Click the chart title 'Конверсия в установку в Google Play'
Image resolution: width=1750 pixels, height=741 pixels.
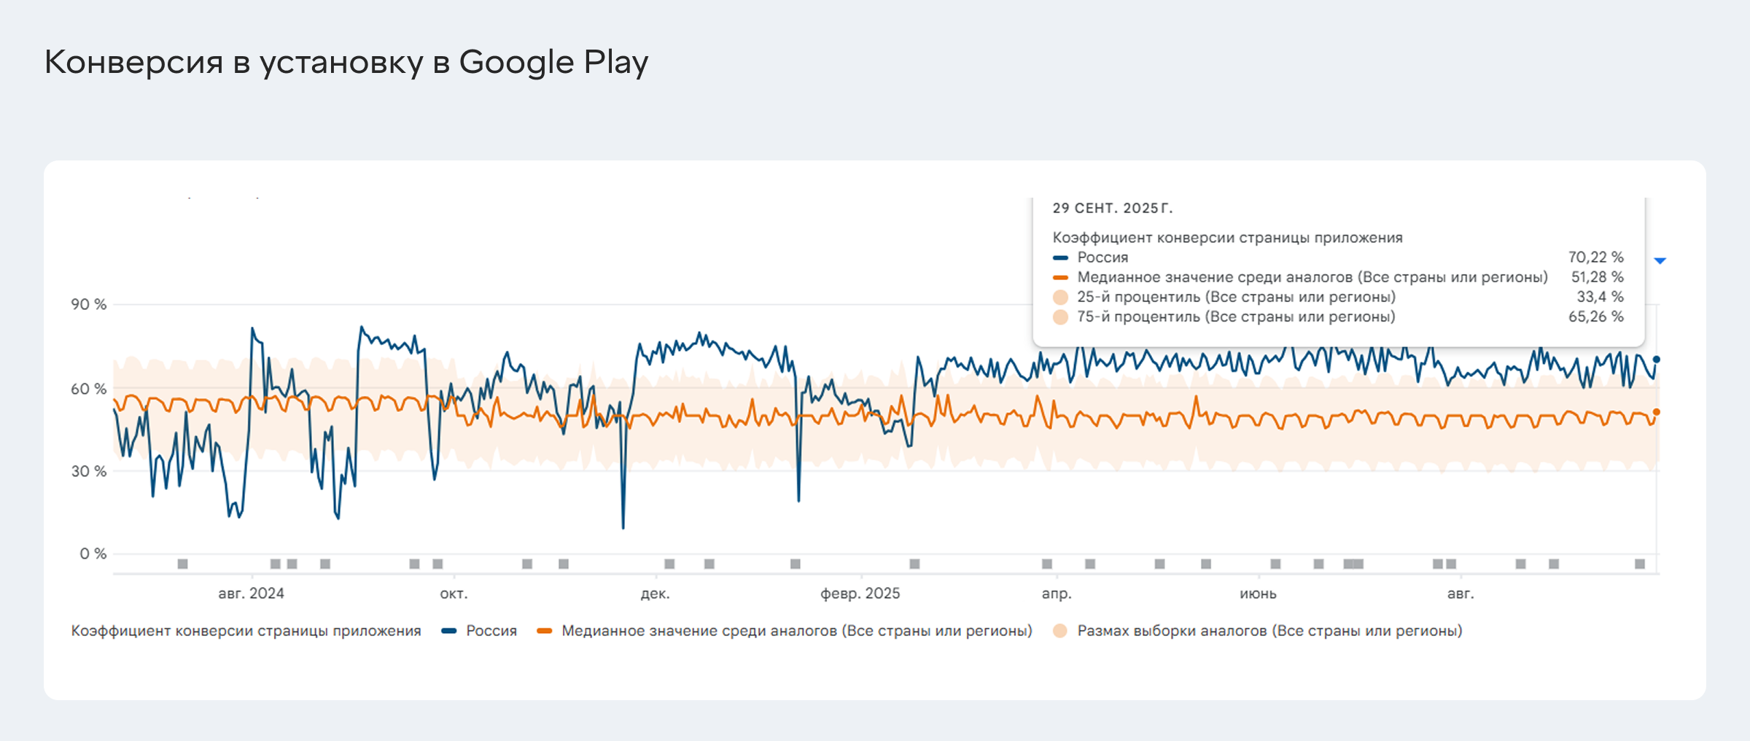click(346, 63)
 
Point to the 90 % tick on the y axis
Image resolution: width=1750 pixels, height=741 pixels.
click(89, 304)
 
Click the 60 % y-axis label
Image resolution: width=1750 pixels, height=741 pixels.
click(89, 389)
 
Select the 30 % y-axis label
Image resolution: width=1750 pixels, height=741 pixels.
click(89, 471)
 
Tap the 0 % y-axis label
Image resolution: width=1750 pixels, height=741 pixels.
click(93, 554)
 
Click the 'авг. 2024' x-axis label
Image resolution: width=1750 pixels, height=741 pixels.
click(251, 594)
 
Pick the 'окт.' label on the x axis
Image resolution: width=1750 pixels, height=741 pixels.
click(454, 594)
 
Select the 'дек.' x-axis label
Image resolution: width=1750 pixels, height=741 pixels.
click(655, 594)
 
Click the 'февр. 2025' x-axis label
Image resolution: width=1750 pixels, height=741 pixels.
click(860, 594)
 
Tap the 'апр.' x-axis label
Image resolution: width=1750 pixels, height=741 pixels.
click(1057, 594)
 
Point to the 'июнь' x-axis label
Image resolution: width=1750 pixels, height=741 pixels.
click(1258, 594)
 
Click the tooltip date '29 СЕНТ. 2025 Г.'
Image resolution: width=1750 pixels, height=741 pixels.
click(1113, 209)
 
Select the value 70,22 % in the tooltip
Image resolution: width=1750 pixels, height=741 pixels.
click(1595, 257)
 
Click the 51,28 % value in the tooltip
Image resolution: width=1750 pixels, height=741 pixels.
click(1597, 277)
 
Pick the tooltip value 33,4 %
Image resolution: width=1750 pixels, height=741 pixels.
click(1600, 297)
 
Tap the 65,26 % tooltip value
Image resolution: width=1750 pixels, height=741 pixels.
click(1595, 317)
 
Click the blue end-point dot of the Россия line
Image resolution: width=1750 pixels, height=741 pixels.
click(1656, 360)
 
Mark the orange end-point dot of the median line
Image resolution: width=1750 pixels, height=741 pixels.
click(1656, 412)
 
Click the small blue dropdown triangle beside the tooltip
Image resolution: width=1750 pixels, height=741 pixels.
click(1660, 260)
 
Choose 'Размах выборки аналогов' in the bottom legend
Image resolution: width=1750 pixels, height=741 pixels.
click(1269, 631)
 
